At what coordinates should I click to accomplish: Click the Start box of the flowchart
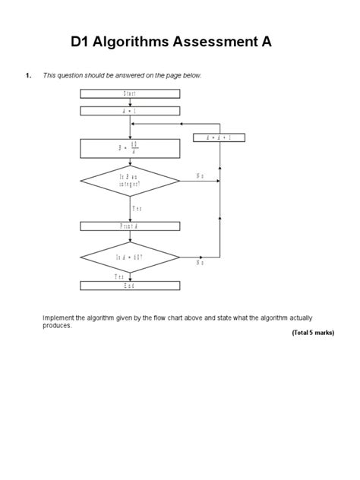point(130,93)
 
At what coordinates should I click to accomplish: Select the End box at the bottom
point(130,286)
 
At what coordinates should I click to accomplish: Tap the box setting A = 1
point(130,111)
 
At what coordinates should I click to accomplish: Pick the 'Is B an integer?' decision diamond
point(130,181)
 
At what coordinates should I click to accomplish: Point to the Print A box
point(130,226)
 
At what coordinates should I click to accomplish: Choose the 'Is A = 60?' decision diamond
point(130,257)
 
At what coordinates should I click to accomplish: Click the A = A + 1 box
point(219,137)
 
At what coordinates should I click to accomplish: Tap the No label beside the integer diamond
point(200,175)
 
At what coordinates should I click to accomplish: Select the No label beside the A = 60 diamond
point(200,263)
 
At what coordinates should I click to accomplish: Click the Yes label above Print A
point(137,207)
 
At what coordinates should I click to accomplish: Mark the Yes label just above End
point(120,277)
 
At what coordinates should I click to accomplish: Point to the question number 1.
point(28,75)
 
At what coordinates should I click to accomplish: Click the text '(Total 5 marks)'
point(312,333)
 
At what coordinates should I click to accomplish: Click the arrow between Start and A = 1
point(130,103)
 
